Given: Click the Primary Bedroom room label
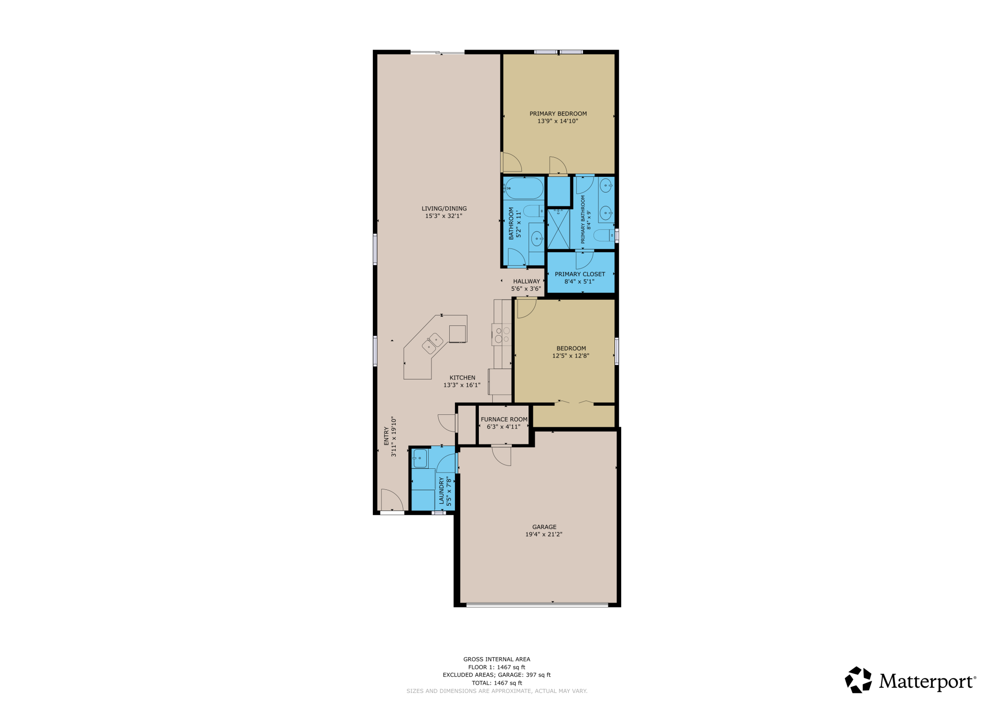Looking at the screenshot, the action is tap(558, 114).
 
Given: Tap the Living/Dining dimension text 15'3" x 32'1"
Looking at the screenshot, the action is tap(443, 216).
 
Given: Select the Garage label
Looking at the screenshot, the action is tap(544, 527).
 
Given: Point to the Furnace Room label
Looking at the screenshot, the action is tap(504, 420).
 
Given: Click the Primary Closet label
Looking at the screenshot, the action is tap(580, 274).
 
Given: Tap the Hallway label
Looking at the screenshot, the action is tap(527, 281).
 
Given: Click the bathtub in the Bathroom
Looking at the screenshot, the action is tap(524, 188).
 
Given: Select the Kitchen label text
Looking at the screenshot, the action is tap(462, 378).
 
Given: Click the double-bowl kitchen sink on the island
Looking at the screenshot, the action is tap(432, 343).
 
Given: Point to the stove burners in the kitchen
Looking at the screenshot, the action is tap(502, 335).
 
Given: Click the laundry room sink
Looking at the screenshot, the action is tap(420, 458).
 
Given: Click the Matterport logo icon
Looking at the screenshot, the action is tap(858, 680).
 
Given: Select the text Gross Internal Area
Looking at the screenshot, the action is tap(497, 659).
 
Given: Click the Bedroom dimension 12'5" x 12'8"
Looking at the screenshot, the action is tap(571, 356).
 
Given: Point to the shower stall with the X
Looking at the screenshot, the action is tap(558, 229).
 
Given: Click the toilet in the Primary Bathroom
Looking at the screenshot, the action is tap(604, 235).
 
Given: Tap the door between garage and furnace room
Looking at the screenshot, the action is tap(501, 455).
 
